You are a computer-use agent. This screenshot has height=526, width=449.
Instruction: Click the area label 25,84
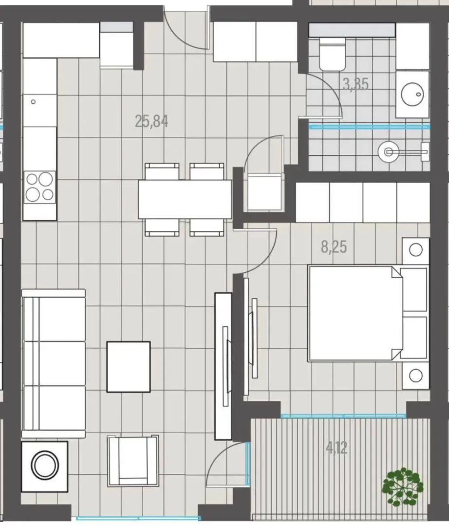[x=151, y=121]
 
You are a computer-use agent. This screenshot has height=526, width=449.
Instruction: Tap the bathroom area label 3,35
[x=356, y=84]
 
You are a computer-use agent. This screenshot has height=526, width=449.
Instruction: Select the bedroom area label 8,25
[x=334, y=247]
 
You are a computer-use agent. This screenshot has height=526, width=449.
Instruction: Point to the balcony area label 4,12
[x=337, y=448]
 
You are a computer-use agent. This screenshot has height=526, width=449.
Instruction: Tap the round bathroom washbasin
[x=412, y=94]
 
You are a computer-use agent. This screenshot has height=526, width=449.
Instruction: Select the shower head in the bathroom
[x=388, y=152]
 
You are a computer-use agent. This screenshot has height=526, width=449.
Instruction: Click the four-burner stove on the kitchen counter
[x=39, y=187]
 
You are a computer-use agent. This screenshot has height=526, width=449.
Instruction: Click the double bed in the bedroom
[x=368, y=313]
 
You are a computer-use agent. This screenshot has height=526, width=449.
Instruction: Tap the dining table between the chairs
[x=185, y=199]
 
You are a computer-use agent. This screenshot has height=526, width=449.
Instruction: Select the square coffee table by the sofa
[x=129, y=367]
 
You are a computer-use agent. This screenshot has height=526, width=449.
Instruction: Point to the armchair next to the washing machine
[x=133, y=460]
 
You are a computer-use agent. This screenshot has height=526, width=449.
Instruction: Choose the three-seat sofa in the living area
[x=54, y=364]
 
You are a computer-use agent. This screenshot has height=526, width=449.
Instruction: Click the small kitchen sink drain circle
[x=33, y=102]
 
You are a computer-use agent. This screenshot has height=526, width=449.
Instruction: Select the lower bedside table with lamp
[x=416, y=376]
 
